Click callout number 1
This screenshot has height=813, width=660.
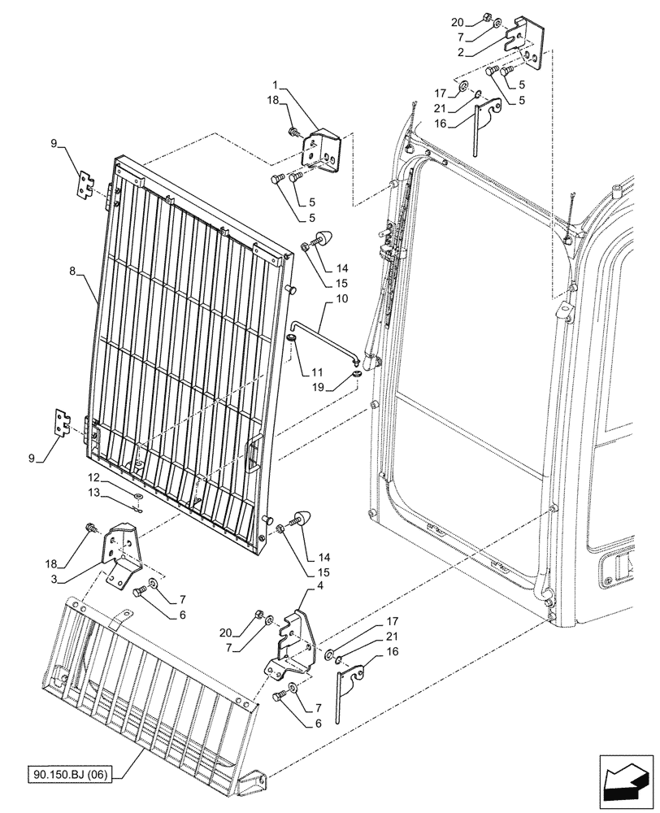[276, 84]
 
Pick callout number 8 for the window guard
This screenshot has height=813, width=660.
[75, 276]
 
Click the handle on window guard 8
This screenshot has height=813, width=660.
[250, 448]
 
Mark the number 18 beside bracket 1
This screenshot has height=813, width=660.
[271, 100]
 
